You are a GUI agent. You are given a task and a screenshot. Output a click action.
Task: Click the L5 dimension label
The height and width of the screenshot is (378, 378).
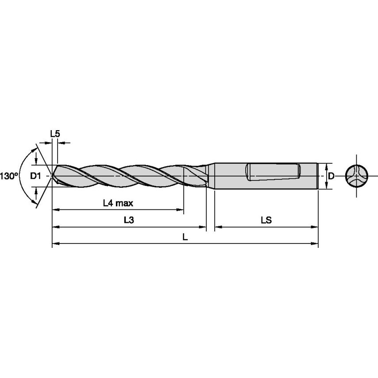(x=54, y=133)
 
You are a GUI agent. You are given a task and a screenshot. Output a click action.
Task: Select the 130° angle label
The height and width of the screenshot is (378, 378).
(x=9, y=176)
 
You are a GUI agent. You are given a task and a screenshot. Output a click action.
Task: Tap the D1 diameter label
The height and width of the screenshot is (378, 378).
(x=35, y=176)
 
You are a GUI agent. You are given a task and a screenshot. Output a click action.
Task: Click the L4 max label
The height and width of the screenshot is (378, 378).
(x=118, y=203)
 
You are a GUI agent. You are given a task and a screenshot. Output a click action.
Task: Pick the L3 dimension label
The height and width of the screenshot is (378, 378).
(x=128, y=220)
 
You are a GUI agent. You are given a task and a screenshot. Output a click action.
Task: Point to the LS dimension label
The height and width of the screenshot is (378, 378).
(x=266, y=220)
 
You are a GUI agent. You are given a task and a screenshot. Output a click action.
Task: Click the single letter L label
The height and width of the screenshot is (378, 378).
(x=185, y=237)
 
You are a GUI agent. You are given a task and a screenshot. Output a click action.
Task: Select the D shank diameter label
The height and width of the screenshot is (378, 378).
(x=331, y=176)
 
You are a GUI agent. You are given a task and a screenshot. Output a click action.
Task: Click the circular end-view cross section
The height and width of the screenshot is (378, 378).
(x=357, y=176)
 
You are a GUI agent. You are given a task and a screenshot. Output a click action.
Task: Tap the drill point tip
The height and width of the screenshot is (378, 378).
(x=53, y=176)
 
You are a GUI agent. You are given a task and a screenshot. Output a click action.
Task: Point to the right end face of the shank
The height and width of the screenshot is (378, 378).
(x=317, y=176)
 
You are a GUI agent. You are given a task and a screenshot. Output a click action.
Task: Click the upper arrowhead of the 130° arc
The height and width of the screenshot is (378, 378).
(x=34, y=148)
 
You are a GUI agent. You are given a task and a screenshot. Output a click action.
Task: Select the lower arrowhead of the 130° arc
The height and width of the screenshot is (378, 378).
(x=34, y=204)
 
